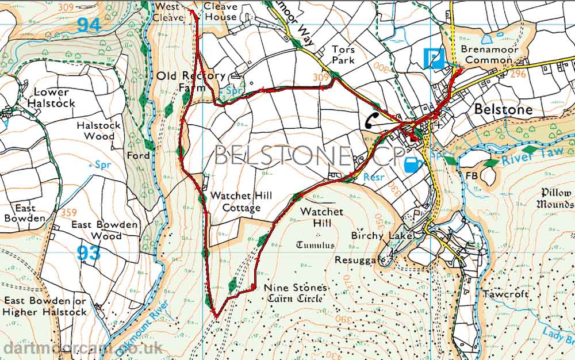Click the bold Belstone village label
(x=503, y=109)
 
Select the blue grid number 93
(x=88, y=253)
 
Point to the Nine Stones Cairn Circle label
(x=296, y=293)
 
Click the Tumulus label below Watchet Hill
(x=315, y=245)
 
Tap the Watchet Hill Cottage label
(x=241, y=202)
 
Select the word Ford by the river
(x=139, y=155)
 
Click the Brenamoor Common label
(x=492, y=55)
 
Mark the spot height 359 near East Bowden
(x=68, y=212)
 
